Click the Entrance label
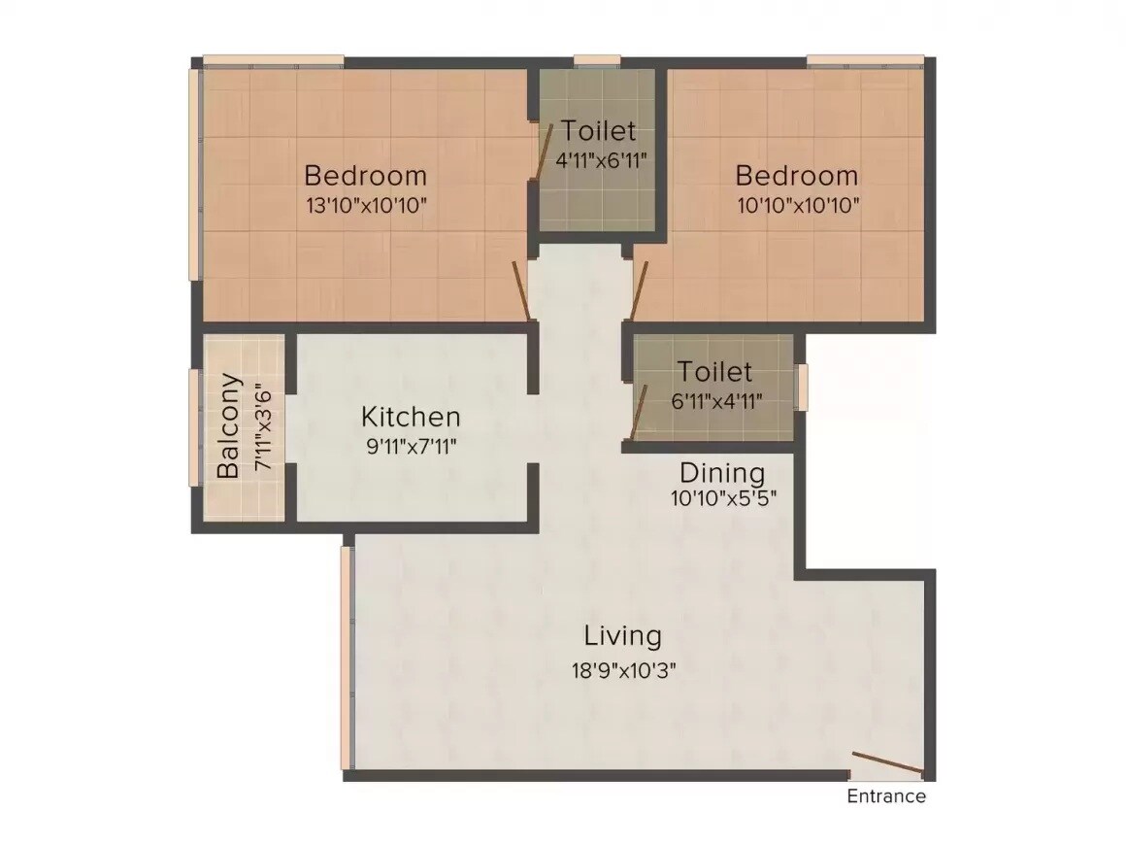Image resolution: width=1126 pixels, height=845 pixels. point(886,796)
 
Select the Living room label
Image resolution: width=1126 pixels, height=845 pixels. point(622,636)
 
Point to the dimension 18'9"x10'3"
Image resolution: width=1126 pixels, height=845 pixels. point(622,671)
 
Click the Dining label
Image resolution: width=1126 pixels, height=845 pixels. point(721,473)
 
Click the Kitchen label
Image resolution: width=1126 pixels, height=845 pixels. point(411,417)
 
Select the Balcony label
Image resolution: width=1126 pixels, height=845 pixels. point(229,425)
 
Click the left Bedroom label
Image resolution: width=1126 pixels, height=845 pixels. point(365,176)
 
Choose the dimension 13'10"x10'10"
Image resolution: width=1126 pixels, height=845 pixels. point(365,206)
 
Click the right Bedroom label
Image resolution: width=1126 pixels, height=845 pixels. point(796,176)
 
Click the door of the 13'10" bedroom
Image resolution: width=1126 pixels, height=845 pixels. point(521,291)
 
